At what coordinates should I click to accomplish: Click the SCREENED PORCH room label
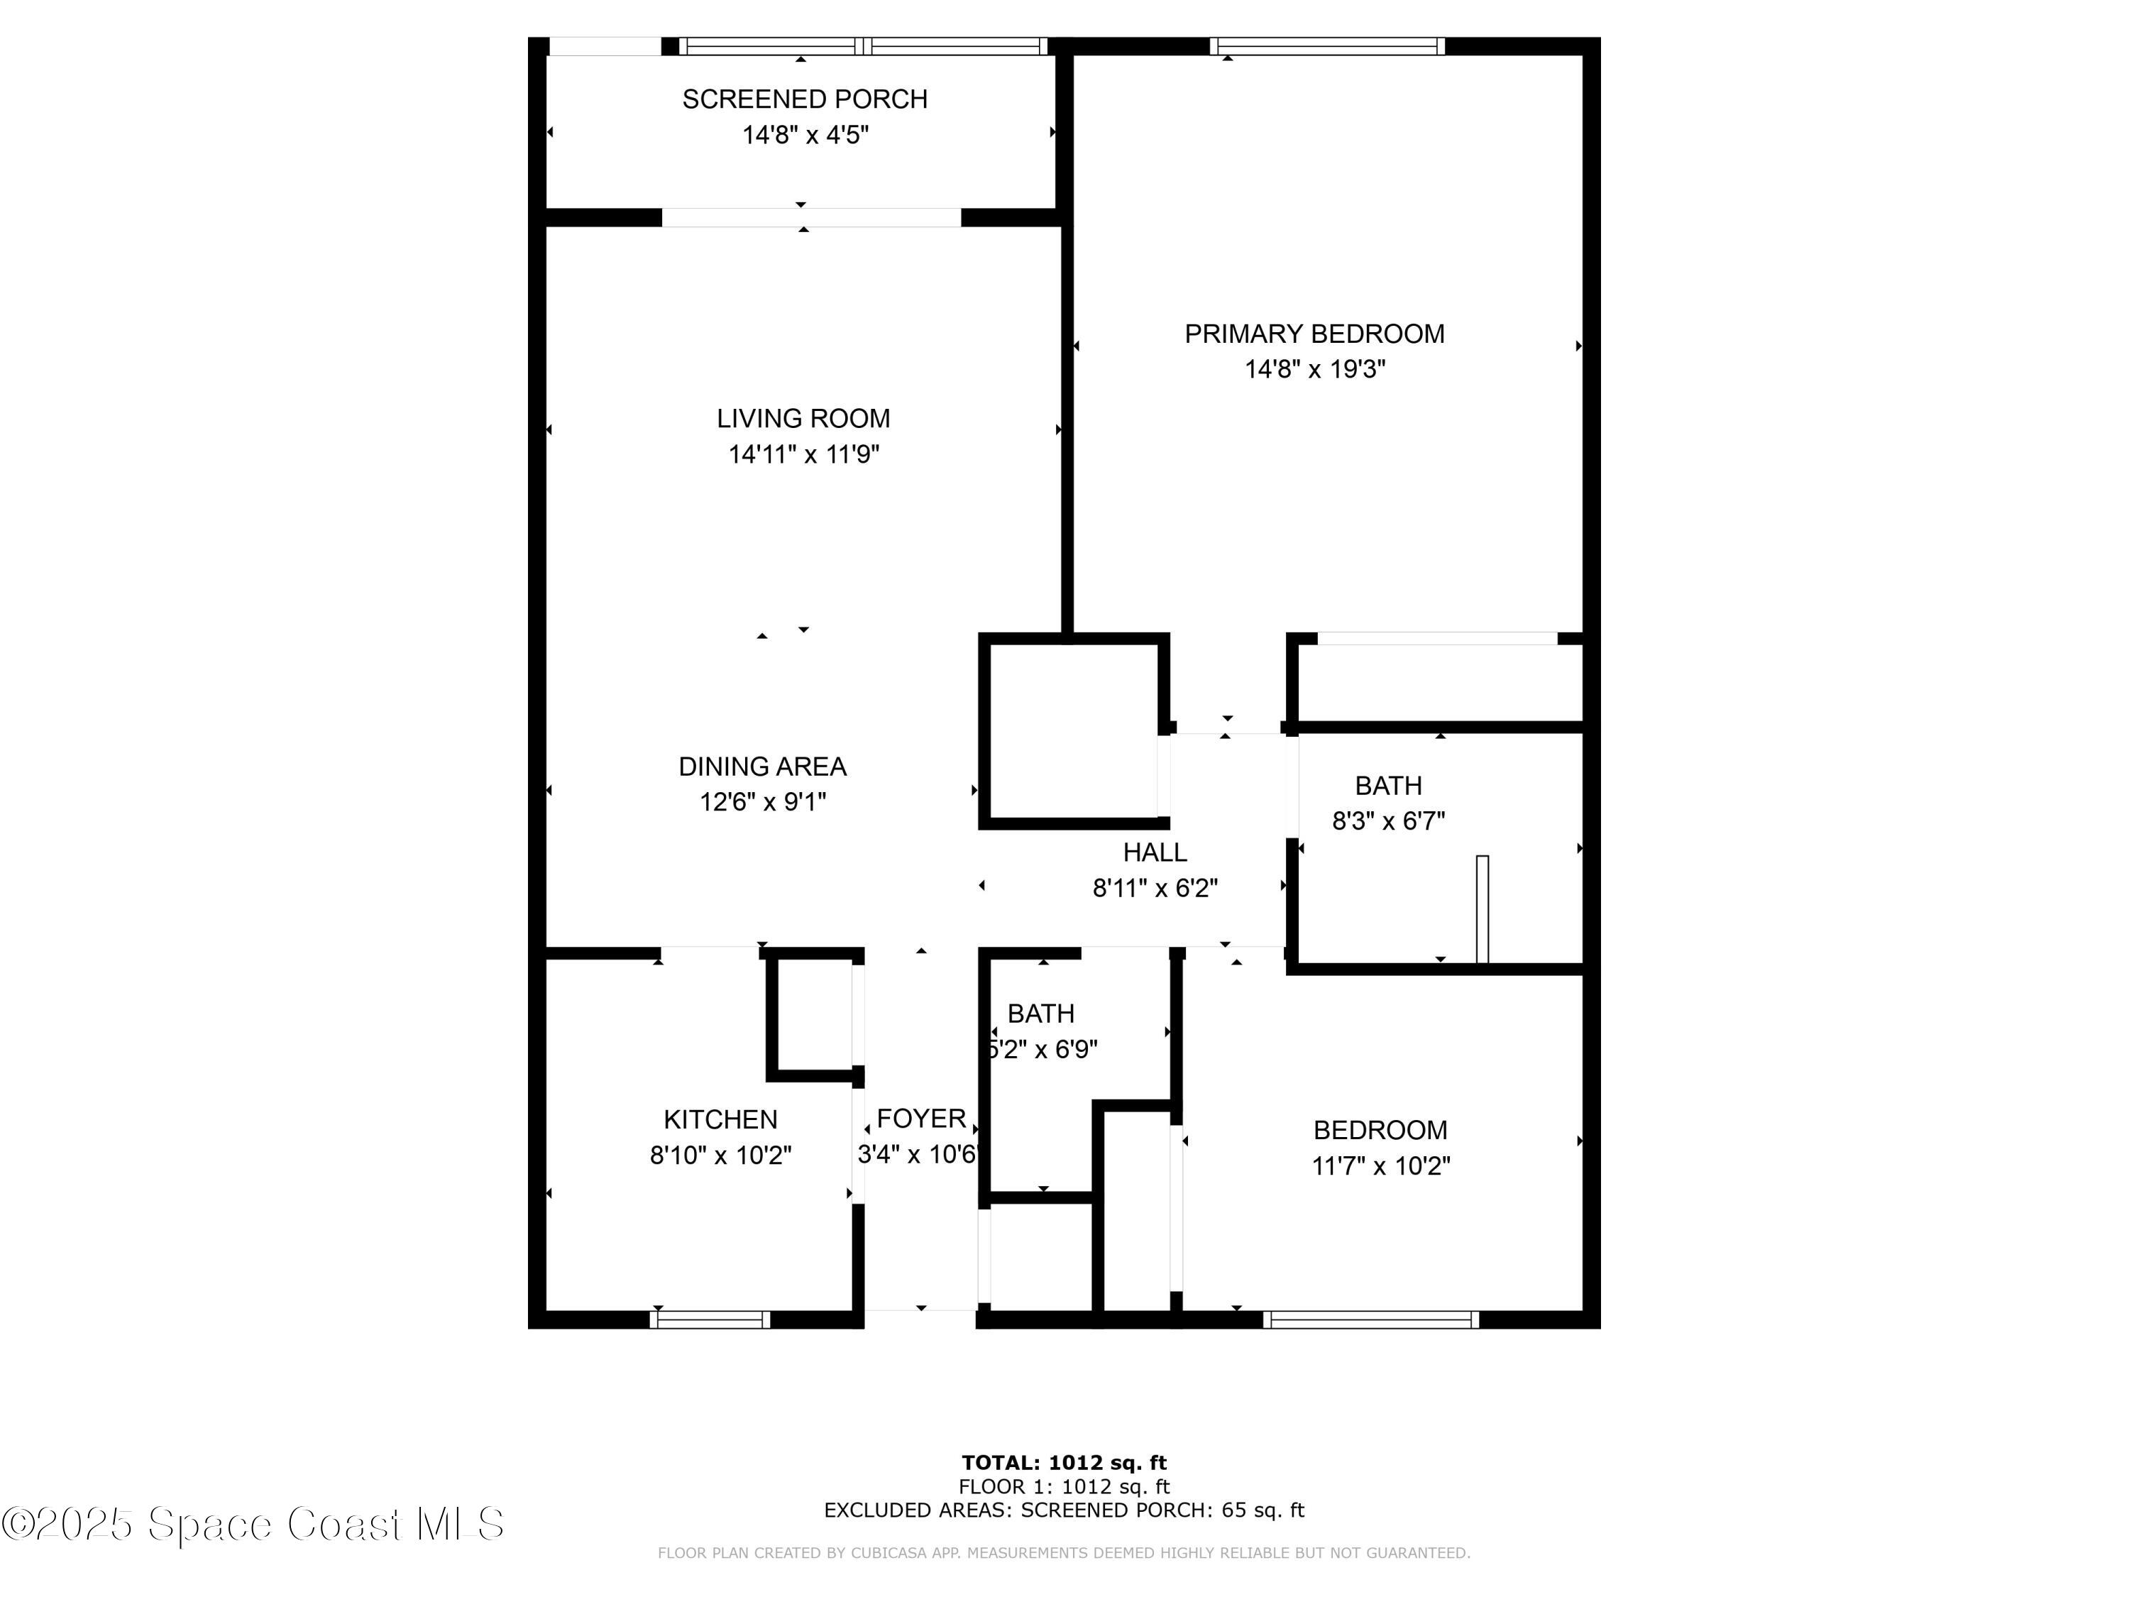click(805, 99)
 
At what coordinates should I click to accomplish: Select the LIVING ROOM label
click(803, 419)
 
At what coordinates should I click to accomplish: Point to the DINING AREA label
click(762, 767)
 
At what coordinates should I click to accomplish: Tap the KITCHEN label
click(720, 1119)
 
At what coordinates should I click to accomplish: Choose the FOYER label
click(921, 1119)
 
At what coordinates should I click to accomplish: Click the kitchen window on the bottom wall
click(710, 1319)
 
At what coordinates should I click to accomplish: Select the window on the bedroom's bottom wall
click(1370, 1319)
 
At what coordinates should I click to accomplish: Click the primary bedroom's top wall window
click(1327, 46)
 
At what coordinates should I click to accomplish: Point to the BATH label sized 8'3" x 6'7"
click(1388, 786)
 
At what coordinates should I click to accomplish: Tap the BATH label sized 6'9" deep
click(1040, 1014)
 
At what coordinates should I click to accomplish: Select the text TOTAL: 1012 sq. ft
click(1064, 1463)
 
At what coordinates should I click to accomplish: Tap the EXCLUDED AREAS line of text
click(1064, 1510)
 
